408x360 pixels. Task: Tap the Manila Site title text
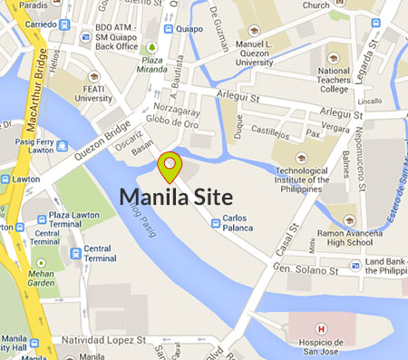(x=176, y=197)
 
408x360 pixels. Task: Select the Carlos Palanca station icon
(x=215, y=223)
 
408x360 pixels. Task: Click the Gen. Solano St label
(x=305, y=268)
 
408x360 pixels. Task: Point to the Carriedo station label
(x=27, y=25)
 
